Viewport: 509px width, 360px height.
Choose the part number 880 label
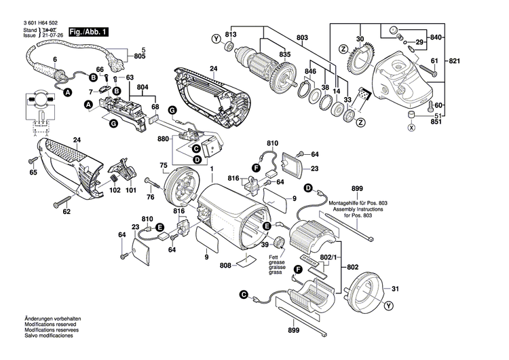tap(163, 139)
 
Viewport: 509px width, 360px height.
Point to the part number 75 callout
tap(163, 165)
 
